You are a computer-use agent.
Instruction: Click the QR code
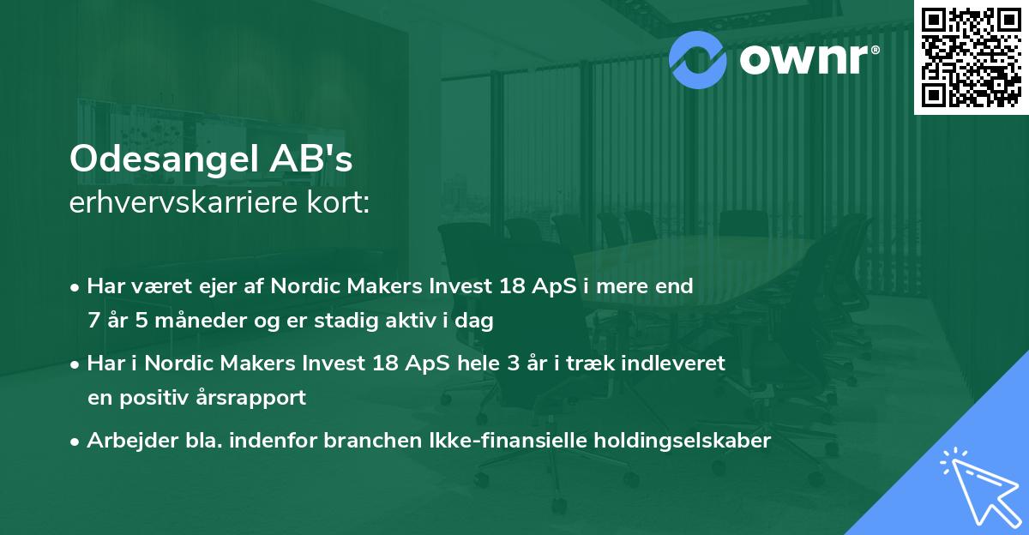(971, 57)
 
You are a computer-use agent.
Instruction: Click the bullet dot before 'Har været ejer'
(76, 287)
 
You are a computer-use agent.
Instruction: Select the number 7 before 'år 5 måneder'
(93, 322)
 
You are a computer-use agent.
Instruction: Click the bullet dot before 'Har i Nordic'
(76, 364)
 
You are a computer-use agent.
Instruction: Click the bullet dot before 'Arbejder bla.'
(76, 441)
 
